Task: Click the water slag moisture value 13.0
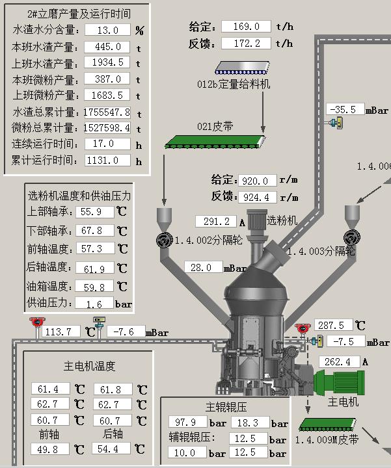107,30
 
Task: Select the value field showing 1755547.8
107,112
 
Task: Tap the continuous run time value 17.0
107,144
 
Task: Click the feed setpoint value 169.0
246,26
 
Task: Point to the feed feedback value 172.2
246,44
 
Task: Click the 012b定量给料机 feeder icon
242,68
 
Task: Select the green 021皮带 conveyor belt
215,142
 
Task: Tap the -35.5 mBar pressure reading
345,109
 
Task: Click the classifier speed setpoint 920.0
258,181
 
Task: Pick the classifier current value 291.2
216,222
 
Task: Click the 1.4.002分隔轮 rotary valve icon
165,239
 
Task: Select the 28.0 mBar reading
204,267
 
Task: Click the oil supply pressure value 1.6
94,303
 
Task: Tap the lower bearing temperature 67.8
94,230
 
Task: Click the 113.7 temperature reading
61,331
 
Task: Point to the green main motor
339,382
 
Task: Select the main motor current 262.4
340,362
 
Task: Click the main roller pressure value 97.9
187,422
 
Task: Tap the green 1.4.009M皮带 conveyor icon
328,424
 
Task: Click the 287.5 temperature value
334,325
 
